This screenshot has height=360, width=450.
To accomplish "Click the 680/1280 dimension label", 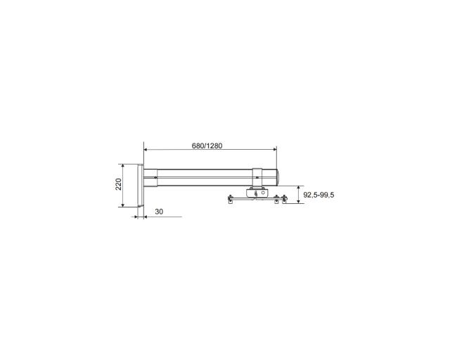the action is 207,146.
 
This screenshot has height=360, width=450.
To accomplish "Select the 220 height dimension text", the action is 119,184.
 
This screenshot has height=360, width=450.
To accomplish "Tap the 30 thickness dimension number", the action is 159,212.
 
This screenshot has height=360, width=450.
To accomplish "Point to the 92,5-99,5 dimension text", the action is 319,195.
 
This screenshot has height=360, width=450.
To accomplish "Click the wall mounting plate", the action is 141,186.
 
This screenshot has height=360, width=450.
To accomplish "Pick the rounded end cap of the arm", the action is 278,177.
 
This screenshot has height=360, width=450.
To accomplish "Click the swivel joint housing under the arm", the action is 257,193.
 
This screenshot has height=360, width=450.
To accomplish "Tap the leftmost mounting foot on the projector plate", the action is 230,199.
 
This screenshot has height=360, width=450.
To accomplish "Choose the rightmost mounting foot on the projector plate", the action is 284,199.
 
